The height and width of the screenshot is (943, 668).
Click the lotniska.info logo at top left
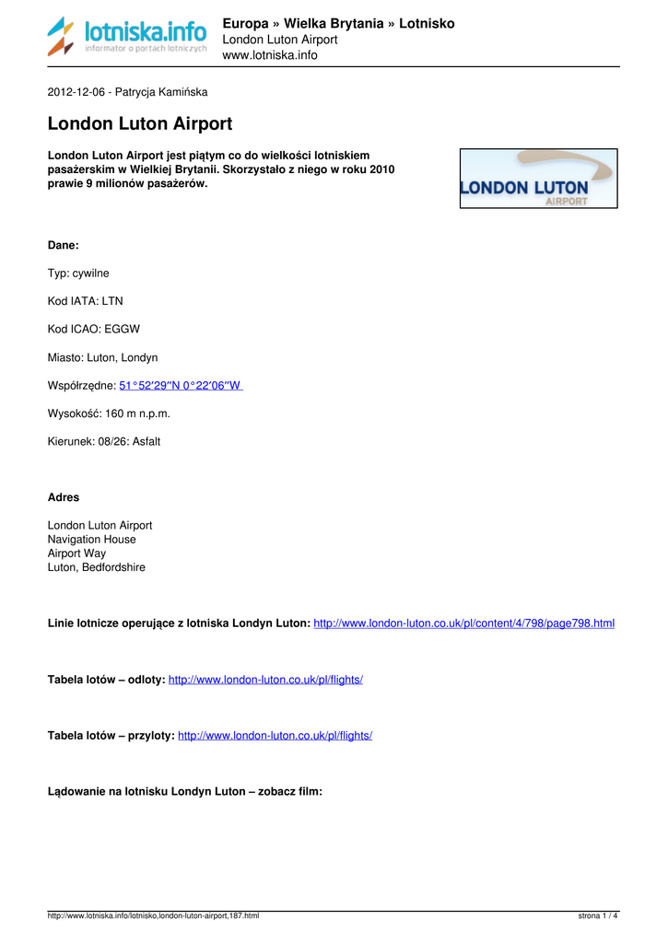click(127, 36)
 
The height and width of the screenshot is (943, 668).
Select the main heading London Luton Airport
click(140, 123)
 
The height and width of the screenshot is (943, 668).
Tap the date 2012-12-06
click(76, 92)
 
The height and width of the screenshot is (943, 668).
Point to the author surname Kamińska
click(183, 92)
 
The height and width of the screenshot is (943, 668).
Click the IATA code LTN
click(112, 301)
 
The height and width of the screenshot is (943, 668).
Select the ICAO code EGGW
click(123, 329)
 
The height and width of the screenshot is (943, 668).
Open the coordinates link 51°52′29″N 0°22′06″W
click(181, 386)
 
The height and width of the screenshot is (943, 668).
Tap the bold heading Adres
click(64, 497)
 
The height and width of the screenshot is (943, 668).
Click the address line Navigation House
click(91, 540)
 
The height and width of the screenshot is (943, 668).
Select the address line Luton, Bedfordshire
click(97, 567)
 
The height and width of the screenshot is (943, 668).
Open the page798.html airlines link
click(463, 623)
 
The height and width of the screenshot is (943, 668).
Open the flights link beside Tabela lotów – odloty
click(265, 680)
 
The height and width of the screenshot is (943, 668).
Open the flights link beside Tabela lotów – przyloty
click(275, 736)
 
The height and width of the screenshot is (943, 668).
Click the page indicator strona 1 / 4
click(598, 915)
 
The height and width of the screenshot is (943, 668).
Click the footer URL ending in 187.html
click(153, 915)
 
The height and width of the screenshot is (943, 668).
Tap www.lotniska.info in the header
click(270, 55)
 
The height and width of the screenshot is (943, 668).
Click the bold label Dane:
click(64, 245)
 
